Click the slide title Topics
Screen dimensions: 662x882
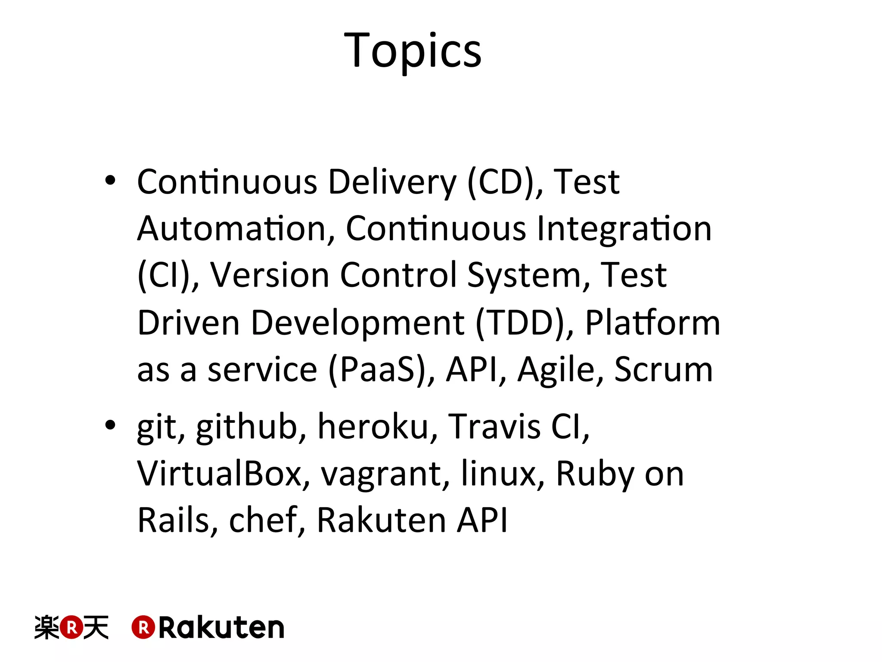[413, 51]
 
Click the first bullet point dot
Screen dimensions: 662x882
[110, 181]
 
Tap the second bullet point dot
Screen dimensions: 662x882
[110, 425]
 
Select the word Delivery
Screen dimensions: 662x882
[392, 182]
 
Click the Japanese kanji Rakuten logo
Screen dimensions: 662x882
[71, 627]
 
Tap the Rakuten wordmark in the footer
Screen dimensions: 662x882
[208, 627]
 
